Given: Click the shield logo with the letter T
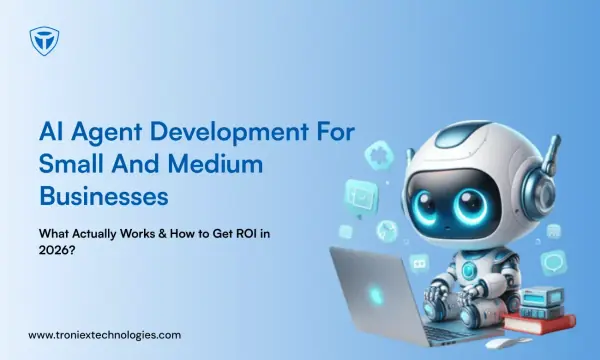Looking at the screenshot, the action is pos(44,41).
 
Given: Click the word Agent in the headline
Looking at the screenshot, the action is pos(107,133).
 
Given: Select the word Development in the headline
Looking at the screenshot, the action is pos(229,133).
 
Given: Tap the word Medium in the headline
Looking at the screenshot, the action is pos(215,164).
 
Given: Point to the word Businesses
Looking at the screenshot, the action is pos(104,196).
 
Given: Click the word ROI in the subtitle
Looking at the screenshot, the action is pos(246,233).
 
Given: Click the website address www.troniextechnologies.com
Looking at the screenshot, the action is pos(104,335).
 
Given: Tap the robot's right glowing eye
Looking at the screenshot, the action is pos(471,206).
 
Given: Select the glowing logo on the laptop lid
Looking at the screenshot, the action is pos(376,295).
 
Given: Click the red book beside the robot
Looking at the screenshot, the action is pos(539,322).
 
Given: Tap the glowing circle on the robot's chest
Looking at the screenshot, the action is pos(467,270).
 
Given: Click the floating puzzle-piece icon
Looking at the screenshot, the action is pos(379,155).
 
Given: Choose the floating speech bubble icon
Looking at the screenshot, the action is pos(554,263).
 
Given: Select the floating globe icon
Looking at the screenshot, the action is pos(387,231).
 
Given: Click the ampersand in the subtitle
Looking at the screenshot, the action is pos(162,233).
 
